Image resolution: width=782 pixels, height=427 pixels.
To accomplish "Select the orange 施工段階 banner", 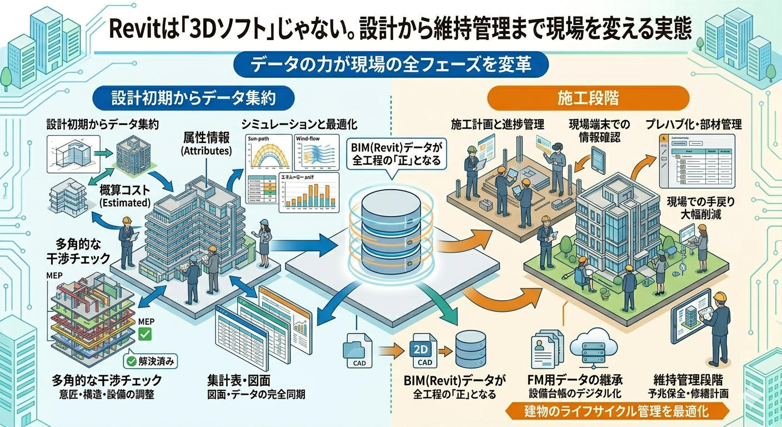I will (588, 98).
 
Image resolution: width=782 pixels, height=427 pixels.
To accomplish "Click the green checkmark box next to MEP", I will (144, 335).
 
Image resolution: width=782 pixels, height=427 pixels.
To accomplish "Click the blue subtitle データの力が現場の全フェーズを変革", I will (391, 64).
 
